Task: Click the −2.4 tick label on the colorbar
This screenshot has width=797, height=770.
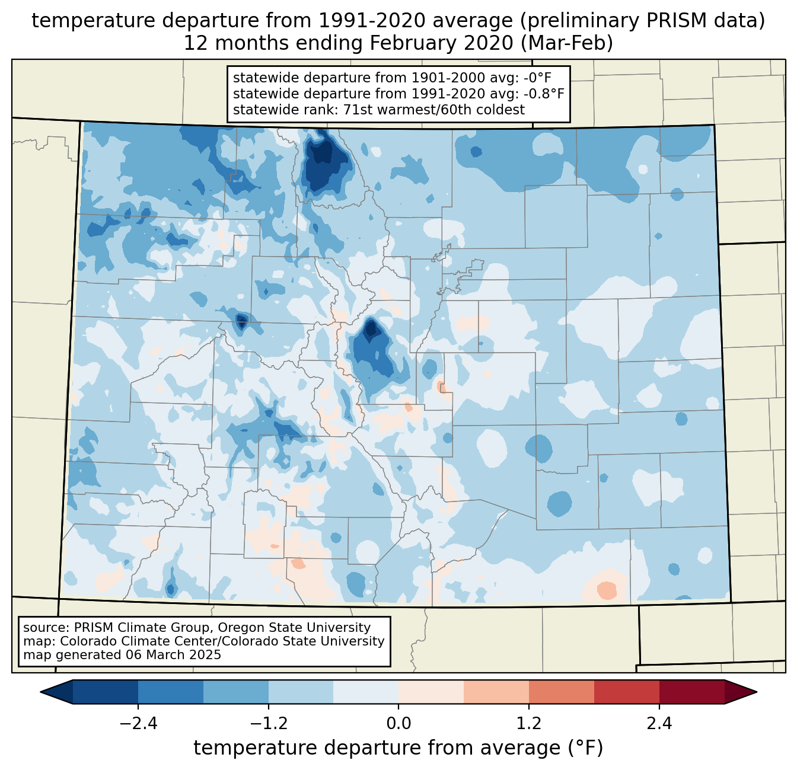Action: coord(138,724)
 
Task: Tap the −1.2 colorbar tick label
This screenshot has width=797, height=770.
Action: coord(269,724)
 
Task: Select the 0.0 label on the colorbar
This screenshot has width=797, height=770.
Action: coord(398,724)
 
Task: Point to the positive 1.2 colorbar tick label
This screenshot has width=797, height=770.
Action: coord(529,724)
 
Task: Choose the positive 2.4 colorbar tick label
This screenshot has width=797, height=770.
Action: coord(659,724)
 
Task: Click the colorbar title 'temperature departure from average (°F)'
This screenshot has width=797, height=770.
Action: coord(398,748)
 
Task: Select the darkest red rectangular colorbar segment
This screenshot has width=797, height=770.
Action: coord(691,692)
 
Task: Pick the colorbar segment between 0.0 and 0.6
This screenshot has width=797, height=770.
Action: coord(431,692)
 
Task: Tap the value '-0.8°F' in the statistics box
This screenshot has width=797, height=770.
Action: coord(543,94)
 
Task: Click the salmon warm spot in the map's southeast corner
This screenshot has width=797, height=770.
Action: coord(607,590)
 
